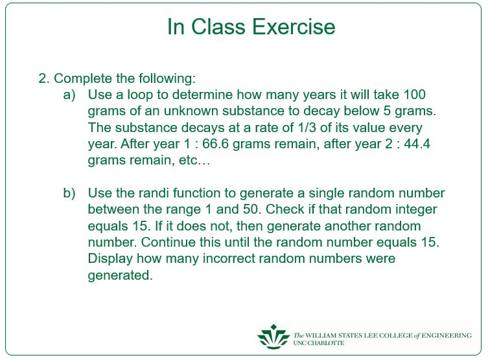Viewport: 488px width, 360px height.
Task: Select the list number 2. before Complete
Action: [44, 79]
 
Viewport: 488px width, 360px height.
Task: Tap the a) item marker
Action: [69, 95]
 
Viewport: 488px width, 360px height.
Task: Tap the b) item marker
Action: [69, 194]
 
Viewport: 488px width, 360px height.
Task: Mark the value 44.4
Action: [417, 144]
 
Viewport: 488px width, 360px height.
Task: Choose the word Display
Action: [110, 259]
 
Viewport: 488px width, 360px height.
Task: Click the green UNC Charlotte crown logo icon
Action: [273, 337]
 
